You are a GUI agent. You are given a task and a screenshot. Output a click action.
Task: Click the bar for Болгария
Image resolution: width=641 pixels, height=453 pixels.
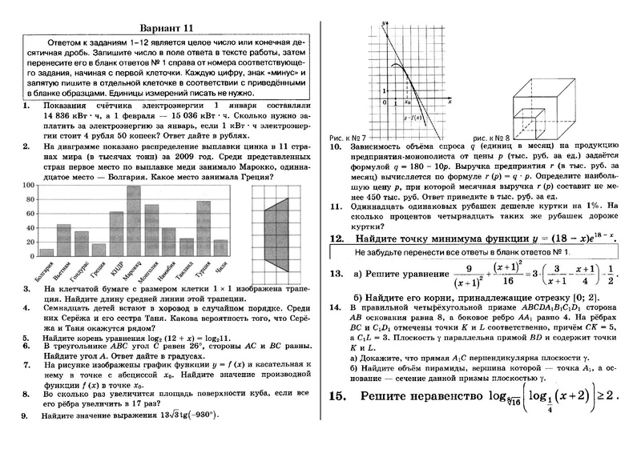point(46,252)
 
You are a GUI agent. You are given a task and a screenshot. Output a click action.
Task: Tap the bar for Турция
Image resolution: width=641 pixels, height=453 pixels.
point(204,228)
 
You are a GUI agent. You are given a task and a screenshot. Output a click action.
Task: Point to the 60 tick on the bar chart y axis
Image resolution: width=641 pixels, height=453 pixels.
point(30,214)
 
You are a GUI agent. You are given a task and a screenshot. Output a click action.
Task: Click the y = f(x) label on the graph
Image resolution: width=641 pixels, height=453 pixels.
point(416,118)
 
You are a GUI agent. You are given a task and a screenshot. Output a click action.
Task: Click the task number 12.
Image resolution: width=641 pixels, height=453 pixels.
point(337,239)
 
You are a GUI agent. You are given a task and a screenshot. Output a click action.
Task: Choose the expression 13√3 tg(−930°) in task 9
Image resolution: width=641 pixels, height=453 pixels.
point(186,415)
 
